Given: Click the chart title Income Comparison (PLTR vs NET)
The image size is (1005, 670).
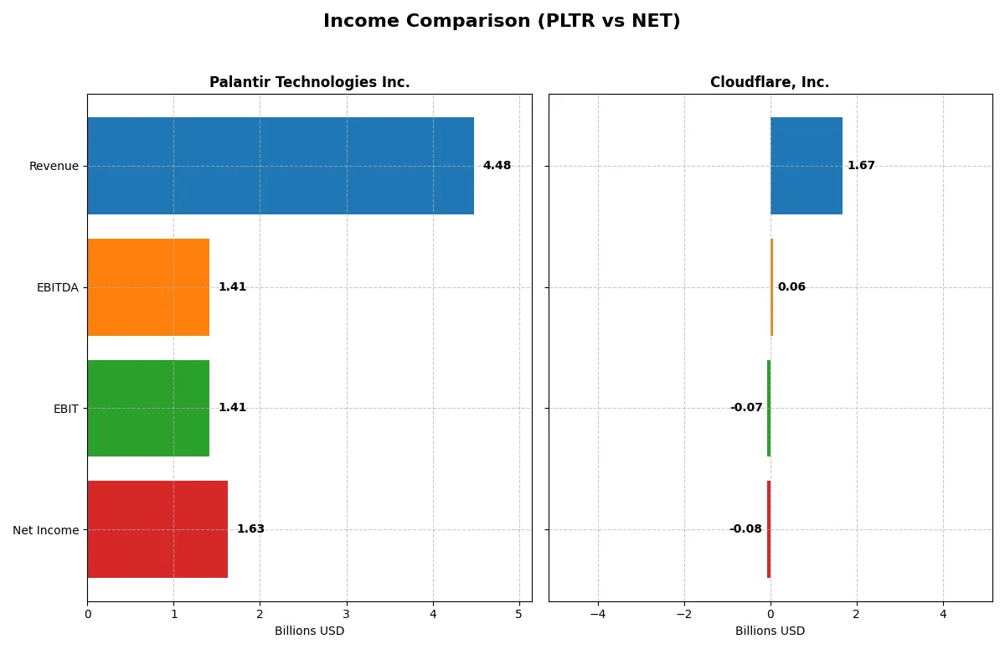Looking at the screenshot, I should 502,22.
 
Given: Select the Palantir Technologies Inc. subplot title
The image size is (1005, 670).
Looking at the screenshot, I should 309,82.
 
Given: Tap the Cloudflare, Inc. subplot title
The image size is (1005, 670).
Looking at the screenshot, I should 769,82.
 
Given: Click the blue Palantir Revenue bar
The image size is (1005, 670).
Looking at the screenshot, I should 281,166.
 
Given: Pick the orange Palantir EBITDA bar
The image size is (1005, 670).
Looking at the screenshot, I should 148,287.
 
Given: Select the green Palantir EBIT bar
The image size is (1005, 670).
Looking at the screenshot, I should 148,408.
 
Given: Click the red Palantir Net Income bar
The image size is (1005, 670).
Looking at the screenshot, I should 157,529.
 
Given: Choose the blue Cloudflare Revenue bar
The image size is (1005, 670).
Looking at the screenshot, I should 806,166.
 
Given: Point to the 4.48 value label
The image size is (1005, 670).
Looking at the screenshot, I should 497,166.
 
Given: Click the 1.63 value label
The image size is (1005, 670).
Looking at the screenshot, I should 250,529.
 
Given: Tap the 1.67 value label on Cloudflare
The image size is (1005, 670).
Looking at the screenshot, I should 861,166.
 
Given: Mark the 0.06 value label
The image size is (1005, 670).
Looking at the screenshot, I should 791,287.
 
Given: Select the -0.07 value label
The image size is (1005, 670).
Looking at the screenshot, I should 746,408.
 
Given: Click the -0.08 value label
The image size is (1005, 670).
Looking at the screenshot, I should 745,529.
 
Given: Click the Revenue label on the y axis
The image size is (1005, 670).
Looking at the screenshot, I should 54,166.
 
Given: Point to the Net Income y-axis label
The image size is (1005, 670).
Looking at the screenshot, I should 46,530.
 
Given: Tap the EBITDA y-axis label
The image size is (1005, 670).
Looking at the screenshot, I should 58,287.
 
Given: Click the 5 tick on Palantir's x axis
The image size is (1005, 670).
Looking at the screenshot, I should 518,614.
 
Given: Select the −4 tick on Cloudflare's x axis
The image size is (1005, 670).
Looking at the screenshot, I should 598,614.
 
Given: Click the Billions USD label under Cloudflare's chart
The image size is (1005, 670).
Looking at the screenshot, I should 770,631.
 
